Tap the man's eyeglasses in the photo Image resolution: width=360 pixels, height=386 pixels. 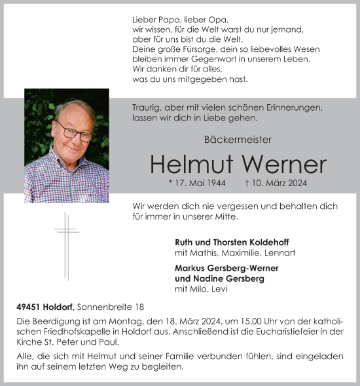point(74,131)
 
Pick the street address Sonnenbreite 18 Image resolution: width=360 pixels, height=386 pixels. point(111,306)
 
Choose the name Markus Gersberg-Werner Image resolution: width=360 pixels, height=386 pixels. point(226,268)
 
